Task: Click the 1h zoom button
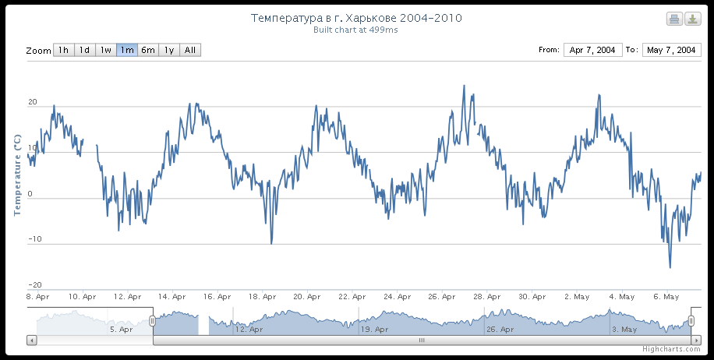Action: [x=64, y=50]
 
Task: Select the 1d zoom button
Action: [x=85, y=50]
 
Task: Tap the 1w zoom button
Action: [x=106, y=50]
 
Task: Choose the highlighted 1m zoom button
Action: [x=127, y=50]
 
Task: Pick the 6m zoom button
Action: [x=148, y=50]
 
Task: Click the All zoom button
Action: [x=190, y=50]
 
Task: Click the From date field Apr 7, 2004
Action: [x=592, y=50]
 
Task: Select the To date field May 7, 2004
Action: [x=671, y=50]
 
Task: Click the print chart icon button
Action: [x=674, y=19]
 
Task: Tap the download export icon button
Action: [x=692, y=19]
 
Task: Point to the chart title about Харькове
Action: [x=362, y=17]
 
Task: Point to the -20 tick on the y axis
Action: [x=34, y=285]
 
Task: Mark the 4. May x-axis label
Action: [x=622, y=297]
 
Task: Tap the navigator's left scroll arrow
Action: [x=32, y=340]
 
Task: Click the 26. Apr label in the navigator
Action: [x=500, y=330]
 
